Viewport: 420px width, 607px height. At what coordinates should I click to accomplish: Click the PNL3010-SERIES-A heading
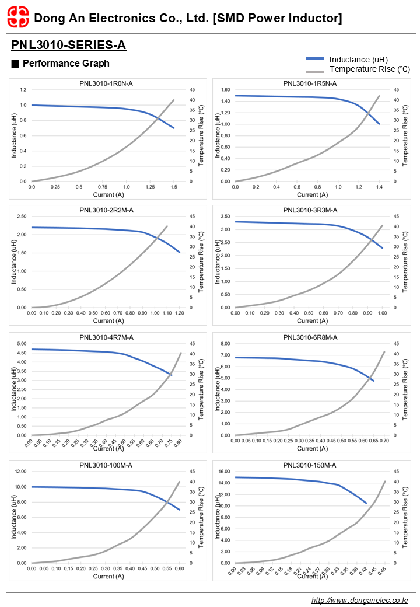pyautogui.click(x=68, y=45)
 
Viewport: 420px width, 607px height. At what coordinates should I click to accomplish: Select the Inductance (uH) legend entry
pyautogui.click(x=358, y=60)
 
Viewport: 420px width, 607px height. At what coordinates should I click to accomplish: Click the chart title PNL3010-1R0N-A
pyautogui.click(x=106, y=83)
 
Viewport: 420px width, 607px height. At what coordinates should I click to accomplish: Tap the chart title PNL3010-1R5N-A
pyautogui.click(x=310, y=83)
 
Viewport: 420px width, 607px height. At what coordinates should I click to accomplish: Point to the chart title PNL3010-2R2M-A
pyautogui.click(x=106, y=210)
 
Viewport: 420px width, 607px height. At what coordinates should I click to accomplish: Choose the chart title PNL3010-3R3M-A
pyautogui.click(x=310, y=210)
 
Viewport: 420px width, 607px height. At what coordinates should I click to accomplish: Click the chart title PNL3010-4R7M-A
pyautogui.click(x=106, y=337)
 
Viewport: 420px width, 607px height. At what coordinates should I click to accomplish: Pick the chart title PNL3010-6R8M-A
pyautogui.click(x=310, y=337)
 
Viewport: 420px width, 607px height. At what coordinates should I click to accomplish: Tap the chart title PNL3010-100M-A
pyautogui.click(x=106, y=465)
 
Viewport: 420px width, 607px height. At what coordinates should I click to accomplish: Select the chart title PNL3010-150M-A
pyautogui.click(x=310, y=465)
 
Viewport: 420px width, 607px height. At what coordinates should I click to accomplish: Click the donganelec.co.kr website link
pyautogui.click(x=360, y=600)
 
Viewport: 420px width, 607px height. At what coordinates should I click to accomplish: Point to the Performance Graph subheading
pyautogui.click(x=65, y=63)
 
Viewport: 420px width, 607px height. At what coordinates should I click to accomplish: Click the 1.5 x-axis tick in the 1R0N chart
pyautogui.click(x=174, y=187)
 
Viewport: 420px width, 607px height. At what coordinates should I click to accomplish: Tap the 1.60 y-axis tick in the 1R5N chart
pyautogui.click(x=225, y=90)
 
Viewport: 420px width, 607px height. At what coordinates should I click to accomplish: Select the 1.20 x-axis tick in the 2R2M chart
pyautogui.click(x=179, y=313)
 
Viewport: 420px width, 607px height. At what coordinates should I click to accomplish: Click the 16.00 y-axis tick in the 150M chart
pyautogui.click(x=223, y=472)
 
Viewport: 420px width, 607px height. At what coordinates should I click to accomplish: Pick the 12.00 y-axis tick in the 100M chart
pyautogui.click(x=20, y=472)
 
